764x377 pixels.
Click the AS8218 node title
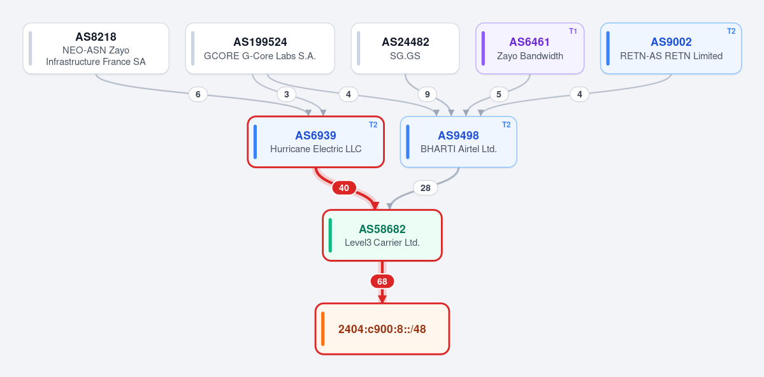[x=96, y=37]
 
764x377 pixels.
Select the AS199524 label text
[x=260, y=43]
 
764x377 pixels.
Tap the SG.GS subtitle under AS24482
[x=405, y=56]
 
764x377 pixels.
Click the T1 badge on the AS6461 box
[x=573, y=31]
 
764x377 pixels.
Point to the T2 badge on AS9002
[x=731, y=31]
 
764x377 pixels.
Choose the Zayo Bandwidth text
[x=530, y=56]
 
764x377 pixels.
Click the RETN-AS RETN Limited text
[x=671, y=56]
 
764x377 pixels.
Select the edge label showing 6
[x=198, y=94]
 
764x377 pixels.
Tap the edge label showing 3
[x=287, y=94]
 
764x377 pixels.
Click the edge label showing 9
[x=428, y=94]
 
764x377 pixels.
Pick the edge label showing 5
[x=499, y=94]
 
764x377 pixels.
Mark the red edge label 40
[x=344, y=188]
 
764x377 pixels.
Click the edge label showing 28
[x=426, y=188]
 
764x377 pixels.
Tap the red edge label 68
[x=382, y=281]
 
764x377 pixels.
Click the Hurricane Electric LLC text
[x=316, y=149]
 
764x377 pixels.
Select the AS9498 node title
[x=458, y=136]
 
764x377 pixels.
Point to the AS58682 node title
[x=382, y=229]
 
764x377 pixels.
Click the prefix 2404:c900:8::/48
[x=382, y=329]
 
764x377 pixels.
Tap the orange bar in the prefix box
[x=322, y=329]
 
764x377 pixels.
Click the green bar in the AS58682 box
[x=330, y=235]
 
